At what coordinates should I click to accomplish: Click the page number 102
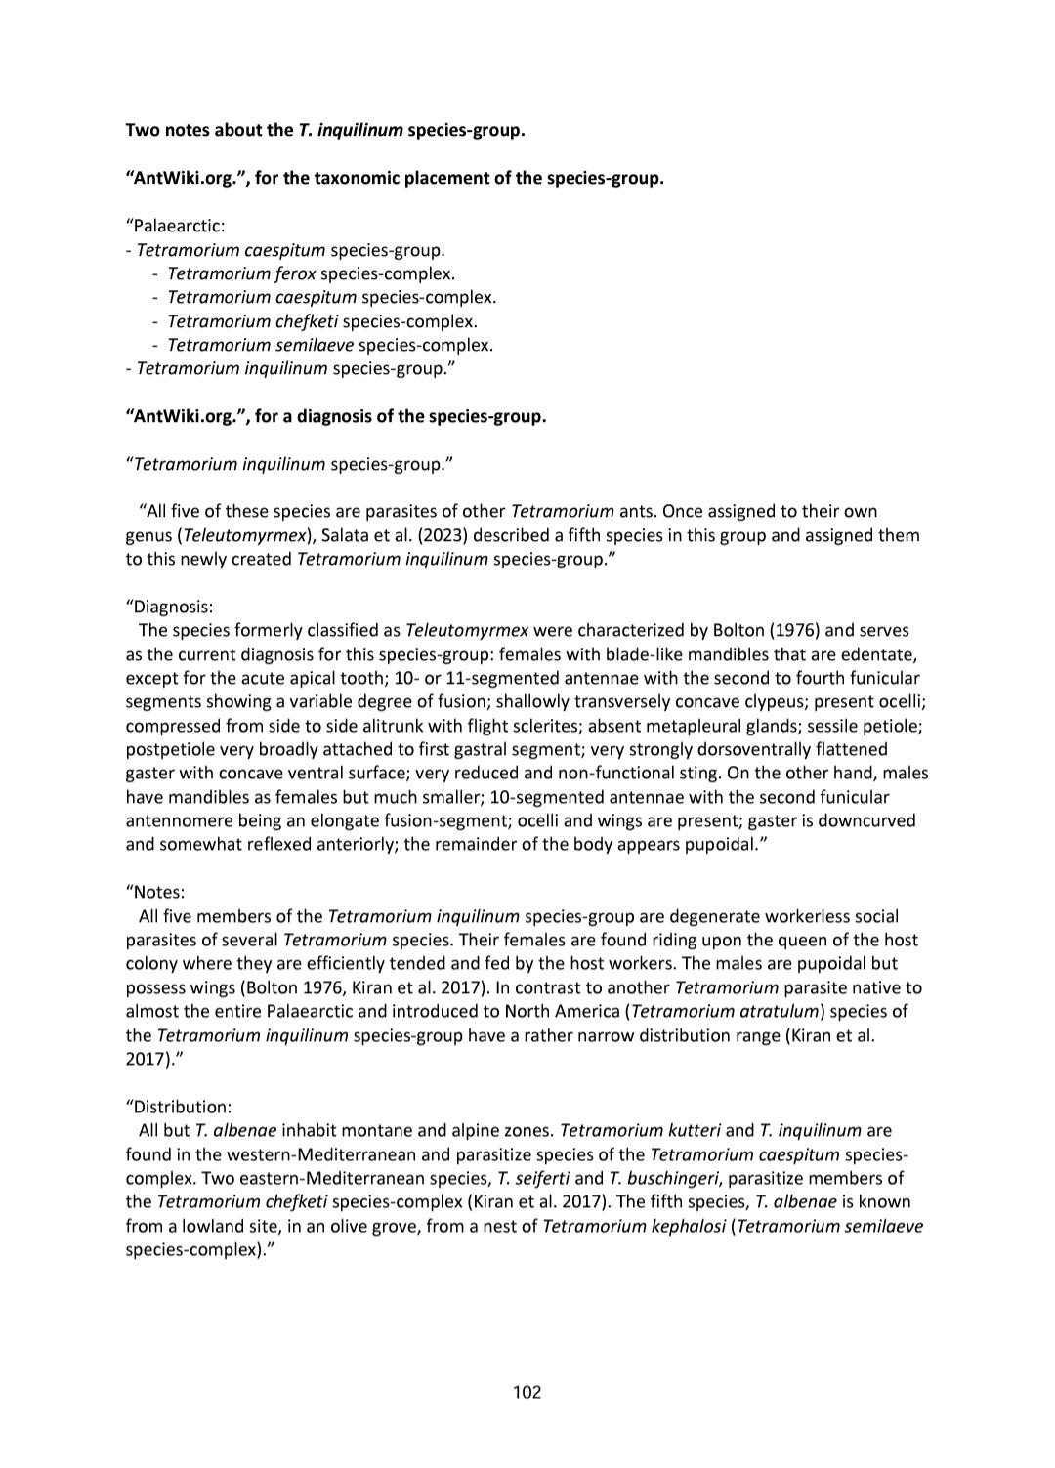pyautogui.click(x=527, y=1392)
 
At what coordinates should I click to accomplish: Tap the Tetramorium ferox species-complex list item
pyautogui.click(x=311, y=273)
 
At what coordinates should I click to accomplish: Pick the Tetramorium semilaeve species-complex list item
pyautogui.click(x=329, y=345)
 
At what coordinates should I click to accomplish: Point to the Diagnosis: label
pyautogui.click(x=169, y=607)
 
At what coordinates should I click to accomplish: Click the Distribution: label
pyautogui.click(x=179, y=1107)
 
